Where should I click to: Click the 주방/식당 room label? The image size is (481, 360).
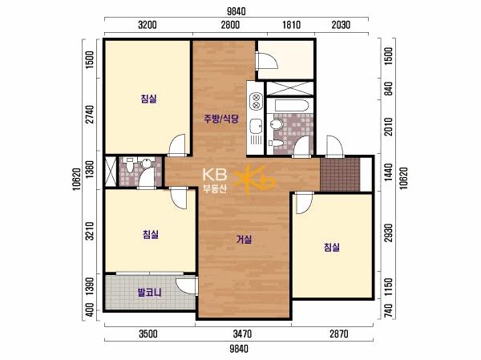(221, 119)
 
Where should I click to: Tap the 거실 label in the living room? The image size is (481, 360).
(244, 239)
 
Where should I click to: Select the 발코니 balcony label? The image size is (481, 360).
(149, 292)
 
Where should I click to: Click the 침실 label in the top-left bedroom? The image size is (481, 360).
(149, 99)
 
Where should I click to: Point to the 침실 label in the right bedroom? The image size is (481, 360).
(332, 247)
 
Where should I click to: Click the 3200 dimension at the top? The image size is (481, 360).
(148, 25)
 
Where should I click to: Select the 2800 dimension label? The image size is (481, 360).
(230, 25)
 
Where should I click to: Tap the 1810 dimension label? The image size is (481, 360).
(291, 25)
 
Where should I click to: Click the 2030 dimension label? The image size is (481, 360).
(341, 25)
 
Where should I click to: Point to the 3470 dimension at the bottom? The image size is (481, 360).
(242, 334)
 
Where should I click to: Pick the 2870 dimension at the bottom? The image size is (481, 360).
(339, 334)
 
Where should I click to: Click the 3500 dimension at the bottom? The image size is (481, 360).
(148, 334)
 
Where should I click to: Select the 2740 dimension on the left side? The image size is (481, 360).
(90, 114)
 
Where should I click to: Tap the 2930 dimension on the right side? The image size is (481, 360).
(388, 233)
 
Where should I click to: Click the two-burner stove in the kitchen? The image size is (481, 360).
(256, 102)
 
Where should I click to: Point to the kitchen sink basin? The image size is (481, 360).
(256, 126)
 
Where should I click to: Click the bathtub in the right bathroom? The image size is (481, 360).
(292, 106)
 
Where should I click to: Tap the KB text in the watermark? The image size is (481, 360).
(215, 175)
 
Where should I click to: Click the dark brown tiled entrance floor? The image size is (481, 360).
(340, 174)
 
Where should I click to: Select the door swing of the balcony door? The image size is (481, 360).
(185, 286)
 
